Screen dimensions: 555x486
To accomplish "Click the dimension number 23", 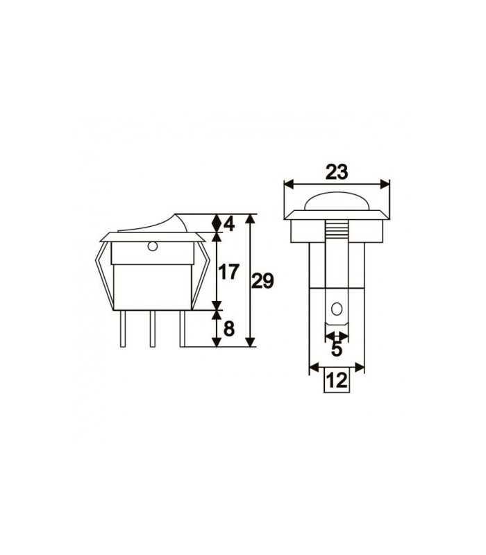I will click(336, 171).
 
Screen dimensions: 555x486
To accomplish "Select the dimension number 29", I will click(262, 282).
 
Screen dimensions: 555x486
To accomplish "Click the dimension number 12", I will click(336, 381).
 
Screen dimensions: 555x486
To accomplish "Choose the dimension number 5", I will click(337, 349).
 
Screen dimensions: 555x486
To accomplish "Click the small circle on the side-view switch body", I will click(152, 246).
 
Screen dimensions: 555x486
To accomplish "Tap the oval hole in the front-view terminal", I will click(337, 309).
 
